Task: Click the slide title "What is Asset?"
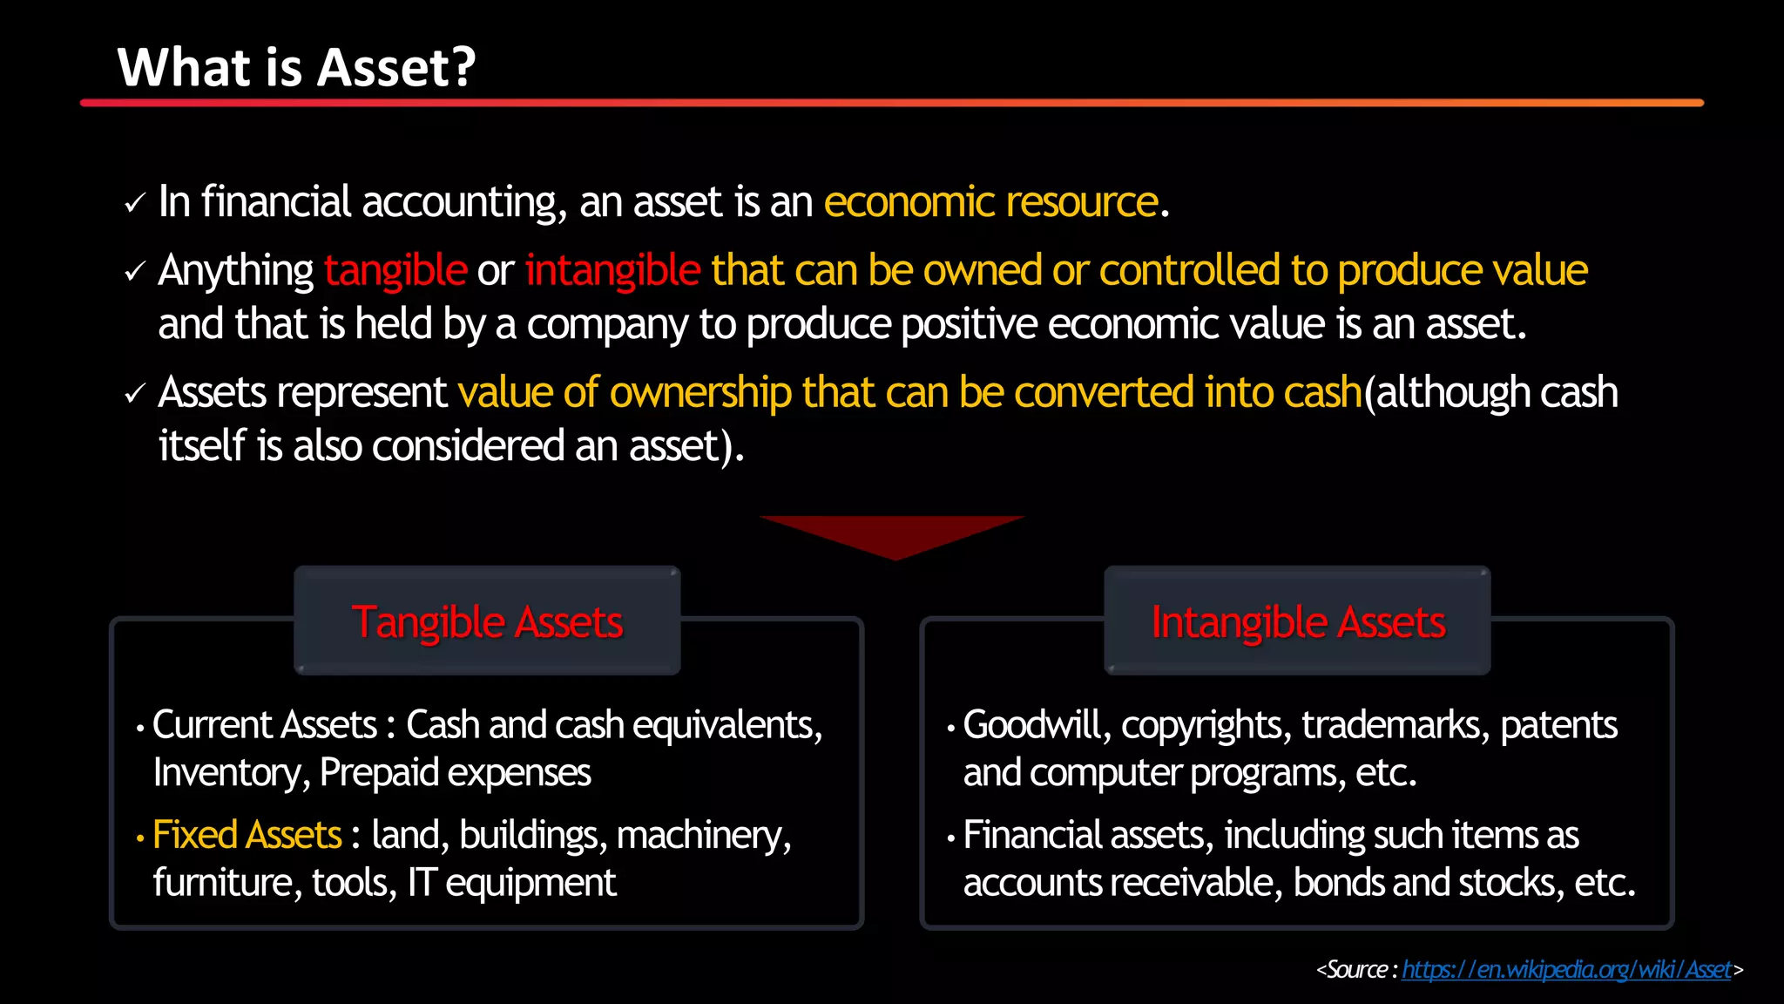tap(296, 68)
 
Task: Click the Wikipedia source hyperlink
tap(1565, 970)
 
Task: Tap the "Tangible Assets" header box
tap(487, 621)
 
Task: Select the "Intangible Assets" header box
tap(1297, 621)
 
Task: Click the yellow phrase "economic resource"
tap(990, 202)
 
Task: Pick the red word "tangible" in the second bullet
tap(395, 271)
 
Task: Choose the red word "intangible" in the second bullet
tap(612, 271)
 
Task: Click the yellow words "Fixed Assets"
tap(247, 835)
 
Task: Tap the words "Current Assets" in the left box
tap(264, 725)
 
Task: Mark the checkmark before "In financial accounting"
tap(134, 204)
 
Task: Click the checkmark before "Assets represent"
tap(134, 394)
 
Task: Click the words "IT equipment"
tap(511, 883)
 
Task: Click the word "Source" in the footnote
tap(1356, 970)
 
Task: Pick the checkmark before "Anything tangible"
tap(134, 273)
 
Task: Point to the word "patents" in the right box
tap(1558, 725)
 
